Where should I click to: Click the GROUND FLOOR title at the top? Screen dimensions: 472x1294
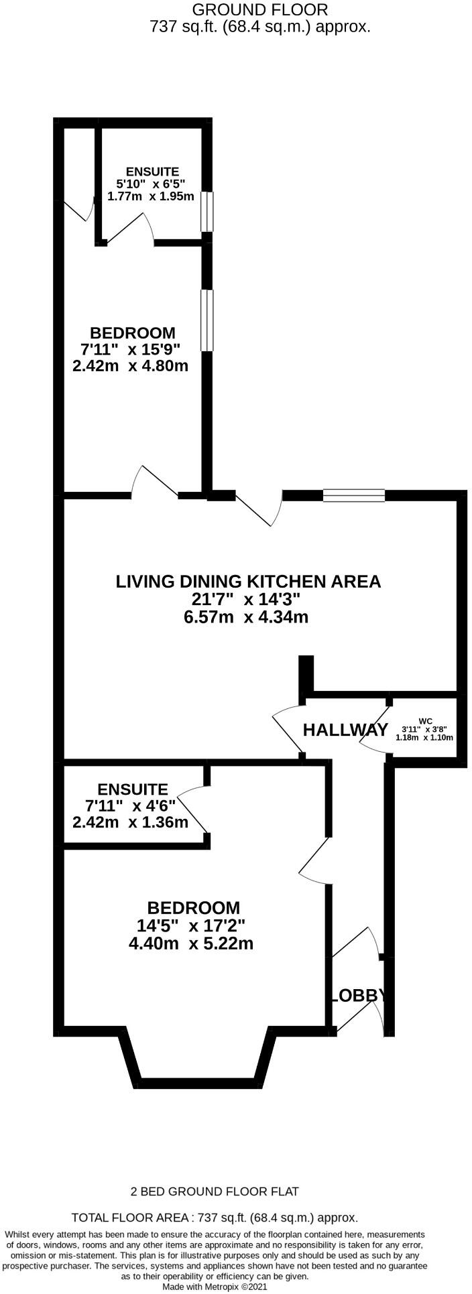260,9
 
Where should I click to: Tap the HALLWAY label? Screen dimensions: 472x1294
345,730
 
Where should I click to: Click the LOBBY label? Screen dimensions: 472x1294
358,995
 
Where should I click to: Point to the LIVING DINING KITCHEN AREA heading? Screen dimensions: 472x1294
248,581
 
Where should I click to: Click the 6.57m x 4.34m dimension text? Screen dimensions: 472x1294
245,617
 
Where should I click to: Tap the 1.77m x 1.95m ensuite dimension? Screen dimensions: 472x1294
151,196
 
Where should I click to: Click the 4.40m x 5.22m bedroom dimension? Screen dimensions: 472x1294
191,944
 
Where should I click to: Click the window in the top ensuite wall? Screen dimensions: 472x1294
207,212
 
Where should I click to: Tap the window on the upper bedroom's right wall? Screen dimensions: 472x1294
207,320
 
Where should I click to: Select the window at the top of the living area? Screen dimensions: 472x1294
354,495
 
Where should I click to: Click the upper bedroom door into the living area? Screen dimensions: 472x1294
156,481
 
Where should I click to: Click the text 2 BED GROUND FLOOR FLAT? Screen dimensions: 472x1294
215,1191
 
